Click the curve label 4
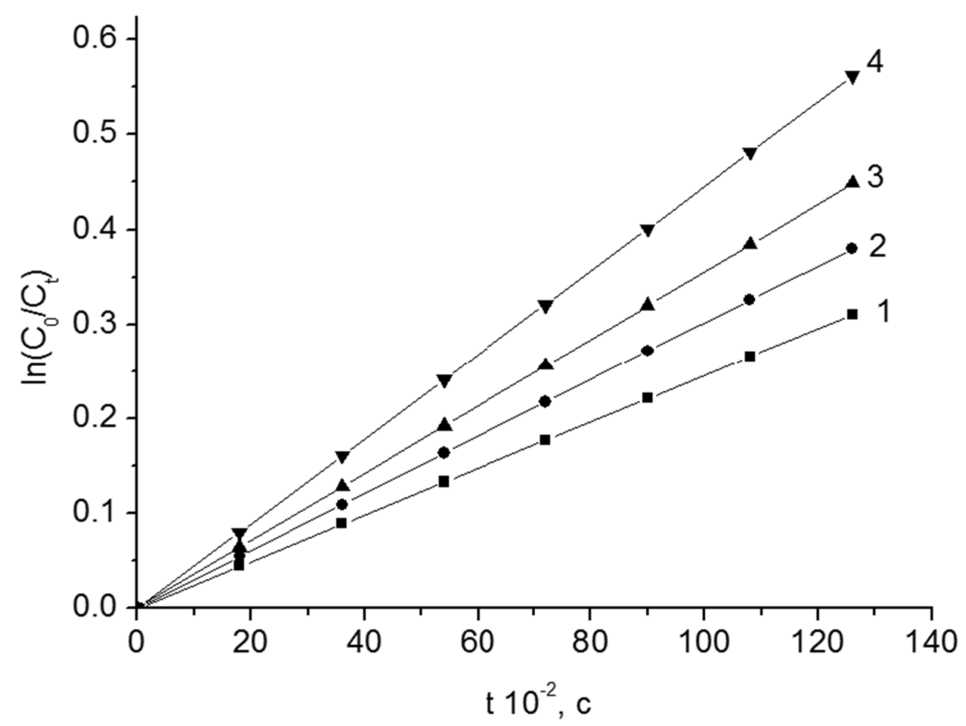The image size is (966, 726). (x=875, y=62)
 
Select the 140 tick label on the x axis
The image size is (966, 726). (x=931, y=642)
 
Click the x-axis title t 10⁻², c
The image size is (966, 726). (x=538, y=704)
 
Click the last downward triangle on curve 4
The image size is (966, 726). (x=852, y=77)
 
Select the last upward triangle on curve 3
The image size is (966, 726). (x=852, y=182)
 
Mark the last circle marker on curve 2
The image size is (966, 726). (x=852, y=249)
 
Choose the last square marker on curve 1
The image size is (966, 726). (x=852, y=315)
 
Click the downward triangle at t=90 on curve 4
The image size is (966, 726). (x=648, y=230)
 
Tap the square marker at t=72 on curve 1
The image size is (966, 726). (x=545, y=439)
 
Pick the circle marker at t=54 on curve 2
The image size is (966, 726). (x=444, y=453)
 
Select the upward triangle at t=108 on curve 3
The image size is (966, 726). (x=750, y=243)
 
